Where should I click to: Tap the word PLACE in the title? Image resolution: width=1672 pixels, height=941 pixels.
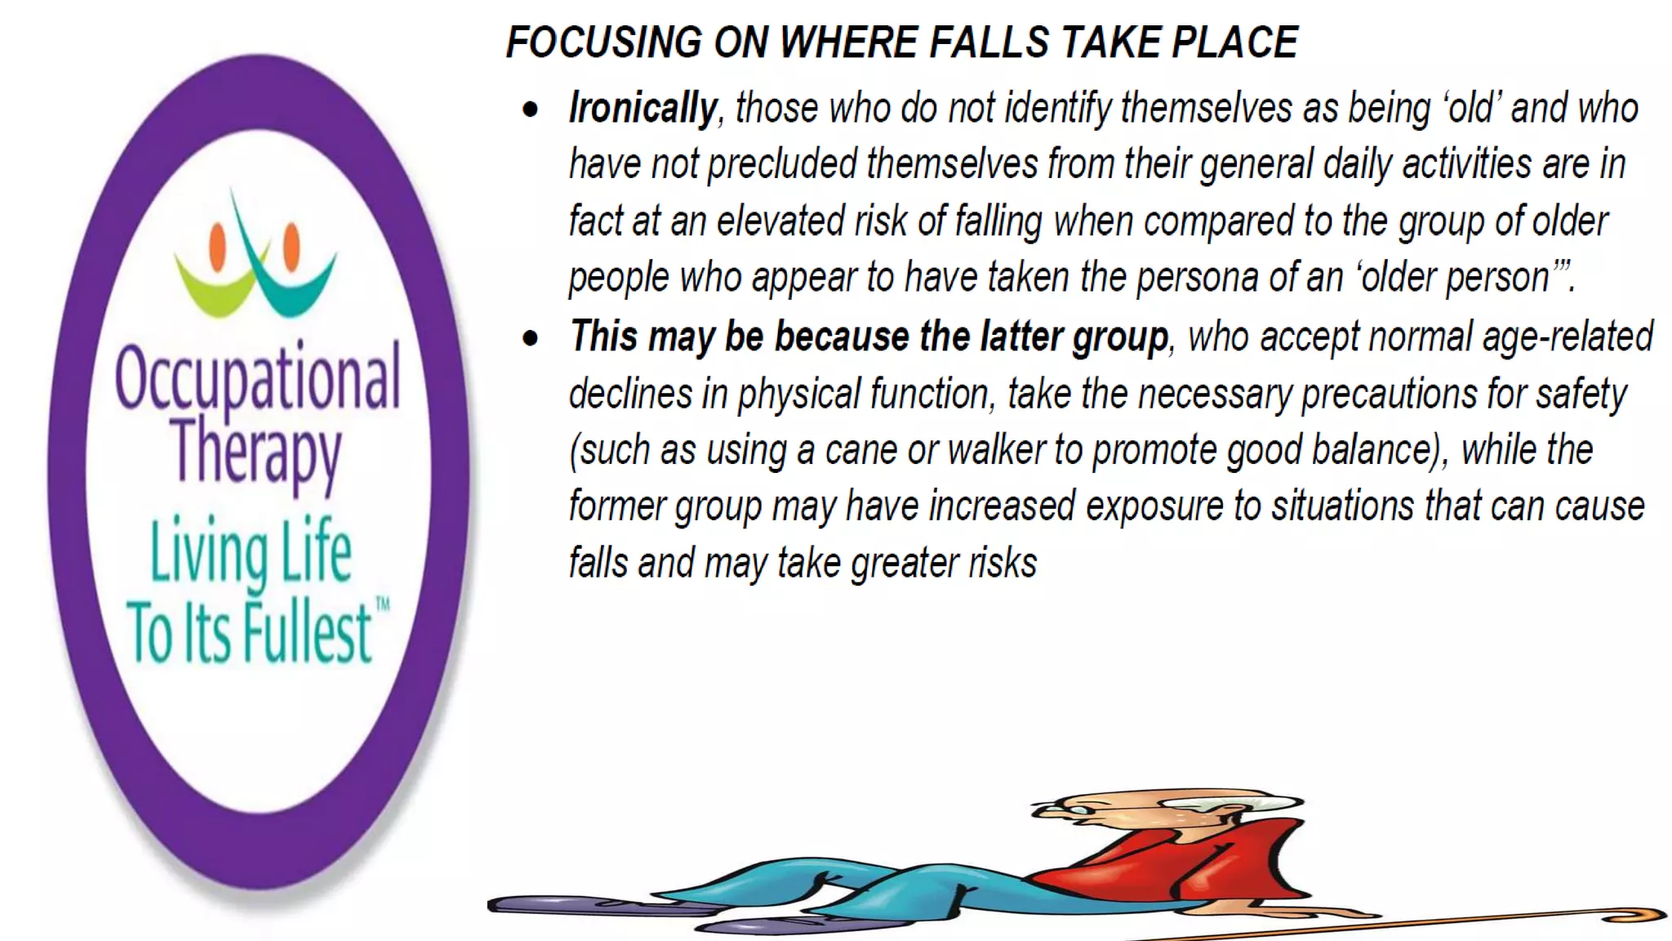pyautogui.click(x=1234, y=42)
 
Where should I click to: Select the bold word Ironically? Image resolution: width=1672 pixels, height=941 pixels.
pyautogui.click(x=643, y=108)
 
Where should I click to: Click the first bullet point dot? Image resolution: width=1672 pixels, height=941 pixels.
pyautogui.click(x=531, y=109)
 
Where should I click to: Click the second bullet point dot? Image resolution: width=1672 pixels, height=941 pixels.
pyautogui.click(x=531, y=337)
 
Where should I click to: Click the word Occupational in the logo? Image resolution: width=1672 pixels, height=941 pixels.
pyautogui.click(x=258, y=377)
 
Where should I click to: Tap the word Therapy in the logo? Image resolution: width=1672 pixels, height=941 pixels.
pyautogui.click(x=256, y=453)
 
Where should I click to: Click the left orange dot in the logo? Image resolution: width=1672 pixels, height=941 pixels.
pyautogui.click(x=218, y=247)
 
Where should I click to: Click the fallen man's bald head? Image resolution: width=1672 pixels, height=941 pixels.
pyautogui.click(x=1143, y=805)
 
